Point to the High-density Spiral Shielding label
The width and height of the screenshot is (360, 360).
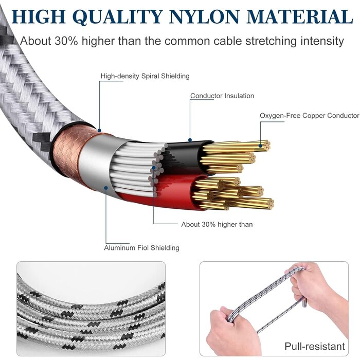[145, 76]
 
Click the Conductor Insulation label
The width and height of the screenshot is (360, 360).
[222, 96]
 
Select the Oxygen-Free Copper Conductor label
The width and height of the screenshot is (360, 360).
[309, 116]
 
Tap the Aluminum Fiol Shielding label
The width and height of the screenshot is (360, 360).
[141, 248]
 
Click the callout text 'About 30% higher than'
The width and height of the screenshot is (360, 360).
[217, 224]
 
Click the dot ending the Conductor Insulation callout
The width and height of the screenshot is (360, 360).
[190, 140]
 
